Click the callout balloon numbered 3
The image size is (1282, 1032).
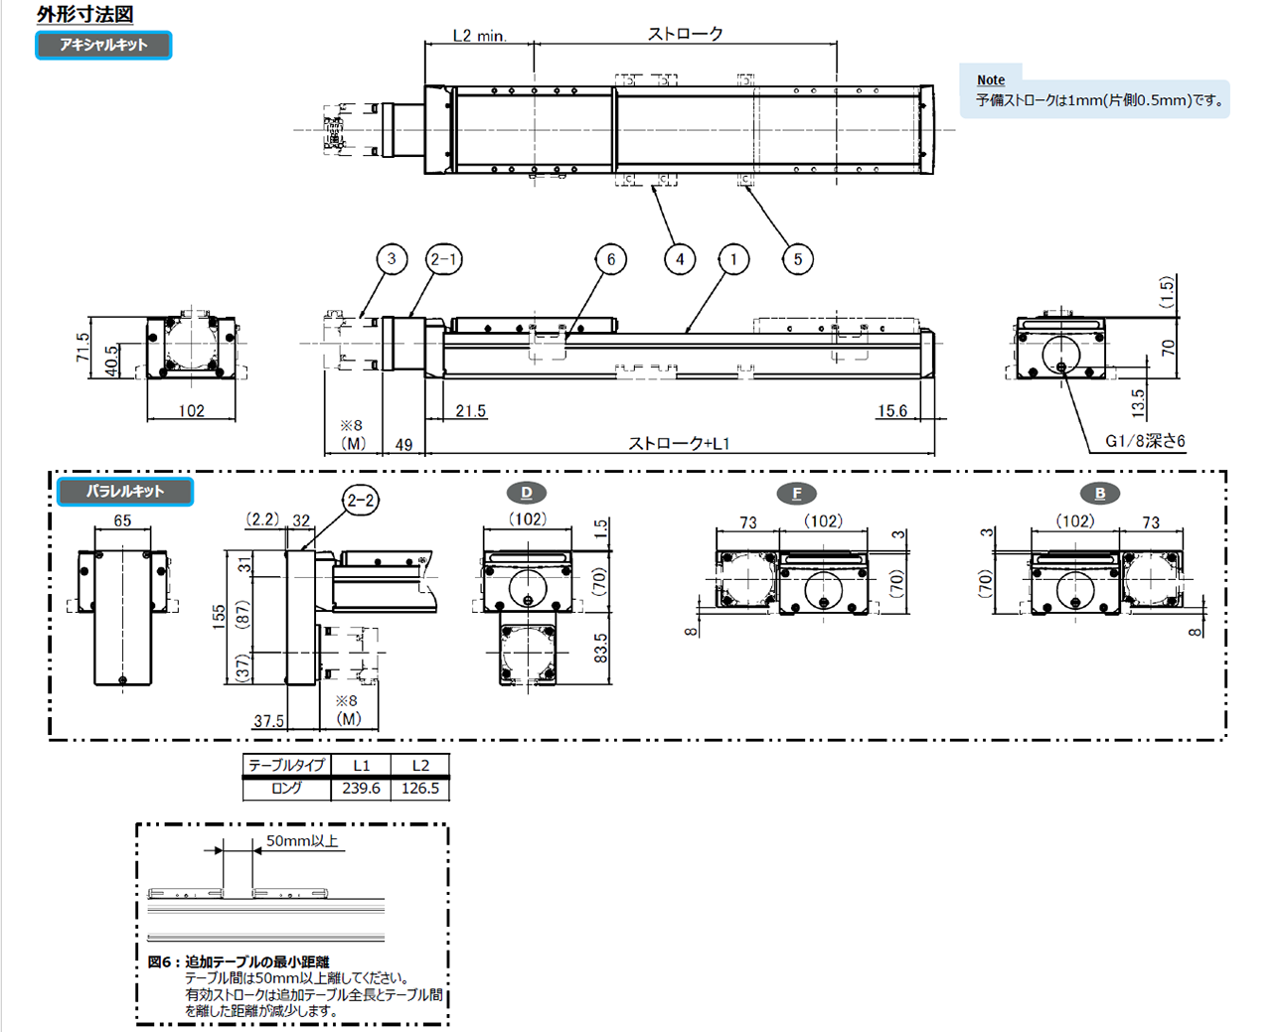click(392, 259)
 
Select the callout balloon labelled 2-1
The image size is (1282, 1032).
click(443, 259)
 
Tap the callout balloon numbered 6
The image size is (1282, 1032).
click(610, 259)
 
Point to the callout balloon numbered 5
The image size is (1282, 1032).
click(797, 259)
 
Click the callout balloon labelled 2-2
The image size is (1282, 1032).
click(361, 500)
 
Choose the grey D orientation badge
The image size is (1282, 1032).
click(527, 493)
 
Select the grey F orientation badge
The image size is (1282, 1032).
click(796, 494)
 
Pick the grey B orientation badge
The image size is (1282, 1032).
click(1099, 494)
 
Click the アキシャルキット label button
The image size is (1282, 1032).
click(103, 45)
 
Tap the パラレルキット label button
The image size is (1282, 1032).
click(124, 491)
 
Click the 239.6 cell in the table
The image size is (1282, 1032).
click(361, 789)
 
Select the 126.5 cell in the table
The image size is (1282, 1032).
click(420, 789)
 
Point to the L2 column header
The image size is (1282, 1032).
click(420, 766)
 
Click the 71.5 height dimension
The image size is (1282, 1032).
click(83, 347)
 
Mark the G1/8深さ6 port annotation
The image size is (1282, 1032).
click(1145, 441)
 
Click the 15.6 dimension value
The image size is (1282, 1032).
click(891, 410)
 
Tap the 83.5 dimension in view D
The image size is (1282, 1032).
click(601, 649)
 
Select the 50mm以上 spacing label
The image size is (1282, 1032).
click(302, 841)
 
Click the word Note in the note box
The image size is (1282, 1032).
click(991, 80)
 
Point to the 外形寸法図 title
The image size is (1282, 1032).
click(84, 14)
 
